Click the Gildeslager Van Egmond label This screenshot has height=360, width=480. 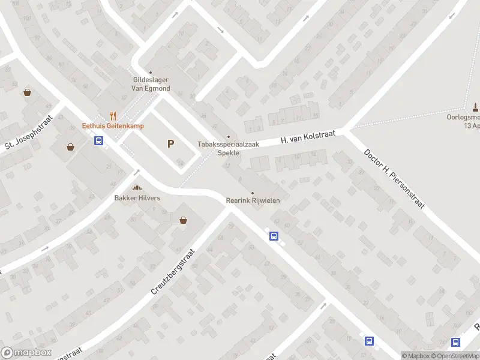151,84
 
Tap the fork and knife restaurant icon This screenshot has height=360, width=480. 112,116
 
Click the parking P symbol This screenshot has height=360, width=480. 171,144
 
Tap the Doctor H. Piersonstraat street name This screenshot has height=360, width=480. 394,178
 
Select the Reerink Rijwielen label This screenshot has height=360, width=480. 253,200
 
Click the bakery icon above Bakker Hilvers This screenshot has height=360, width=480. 137,188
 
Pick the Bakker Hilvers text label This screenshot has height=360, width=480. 137,197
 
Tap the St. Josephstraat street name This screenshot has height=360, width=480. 29,132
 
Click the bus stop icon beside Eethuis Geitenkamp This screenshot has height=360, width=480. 99,141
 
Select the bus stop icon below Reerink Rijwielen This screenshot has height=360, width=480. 274,236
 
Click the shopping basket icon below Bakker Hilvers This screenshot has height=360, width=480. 183,220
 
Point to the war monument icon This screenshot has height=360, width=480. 475,107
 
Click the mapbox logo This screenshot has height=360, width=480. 26,353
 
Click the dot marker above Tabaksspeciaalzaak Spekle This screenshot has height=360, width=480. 228,137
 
